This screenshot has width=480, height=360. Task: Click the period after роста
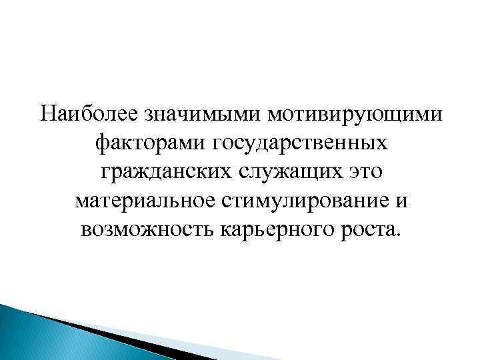399,234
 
